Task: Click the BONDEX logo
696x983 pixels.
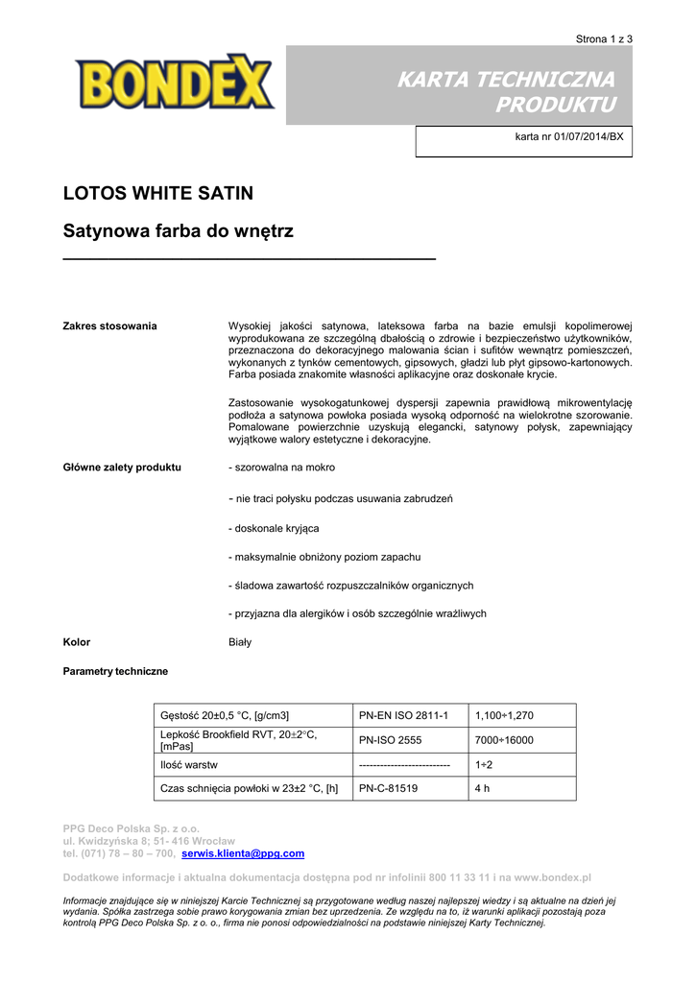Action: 175,83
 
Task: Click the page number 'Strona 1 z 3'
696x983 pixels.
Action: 604,39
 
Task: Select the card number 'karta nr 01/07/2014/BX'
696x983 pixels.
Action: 569,136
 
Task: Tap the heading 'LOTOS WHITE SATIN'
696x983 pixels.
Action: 158,193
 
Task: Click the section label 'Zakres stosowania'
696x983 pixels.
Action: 109,326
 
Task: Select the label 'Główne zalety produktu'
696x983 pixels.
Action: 122,468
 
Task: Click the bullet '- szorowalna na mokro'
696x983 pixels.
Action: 281,468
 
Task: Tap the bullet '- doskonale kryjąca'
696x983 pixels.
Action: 274,528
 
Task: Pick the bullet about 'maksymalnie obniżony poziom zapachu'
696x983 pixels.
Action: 324,557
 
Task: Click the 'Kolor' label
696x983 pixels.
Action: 77,642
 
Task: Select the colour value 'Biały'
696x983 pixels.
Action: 240,642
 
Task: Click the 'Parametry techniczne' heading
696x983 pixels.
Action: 115,671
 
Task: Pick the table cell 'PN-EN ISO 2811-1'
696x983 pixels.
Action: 403,716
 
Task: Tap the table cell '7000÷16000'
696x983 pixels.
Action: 504,740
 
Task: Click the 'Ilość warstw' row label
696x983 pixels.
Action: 189,765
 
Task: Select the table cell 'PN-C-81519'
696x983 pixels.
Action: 389,789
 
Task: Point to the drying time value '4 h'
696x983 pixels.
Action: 483,789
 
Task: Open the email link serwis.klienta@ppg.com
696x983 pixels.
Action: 243,853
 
